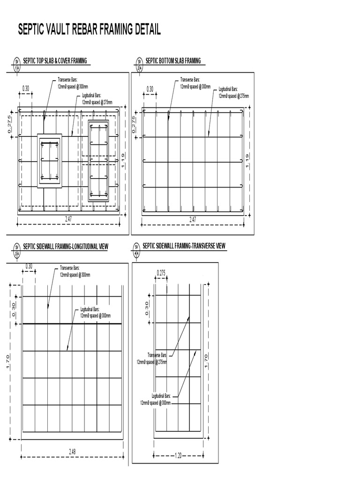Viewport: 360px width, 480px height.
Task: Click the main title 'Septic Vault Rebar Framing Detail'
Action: click(x=89, y=30)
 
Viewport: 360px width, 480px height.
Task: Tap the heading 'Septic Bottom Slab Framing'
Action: click(x=173, y=60)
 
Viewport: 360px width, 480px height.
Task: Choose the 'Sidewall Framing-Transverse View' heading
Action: click(x=184, y=246)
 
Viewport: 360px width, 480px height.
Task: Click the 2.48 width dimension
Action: click(x=72, y=452)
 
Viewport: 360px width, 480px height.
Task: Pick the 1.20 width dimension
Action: click(x=178, y=455)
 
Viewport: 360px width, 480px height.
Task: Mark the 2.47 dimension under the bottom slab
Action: click(x=193, y=219)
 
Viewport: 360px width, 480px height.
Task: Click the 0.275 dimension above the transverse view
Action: click(x=161, y=273)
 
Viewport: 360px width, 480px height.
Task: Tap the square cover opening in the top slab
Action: click(x=49, y=161)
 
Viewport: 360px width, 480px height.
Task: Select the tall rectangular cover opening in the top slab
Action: click(x=98, y=161)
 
